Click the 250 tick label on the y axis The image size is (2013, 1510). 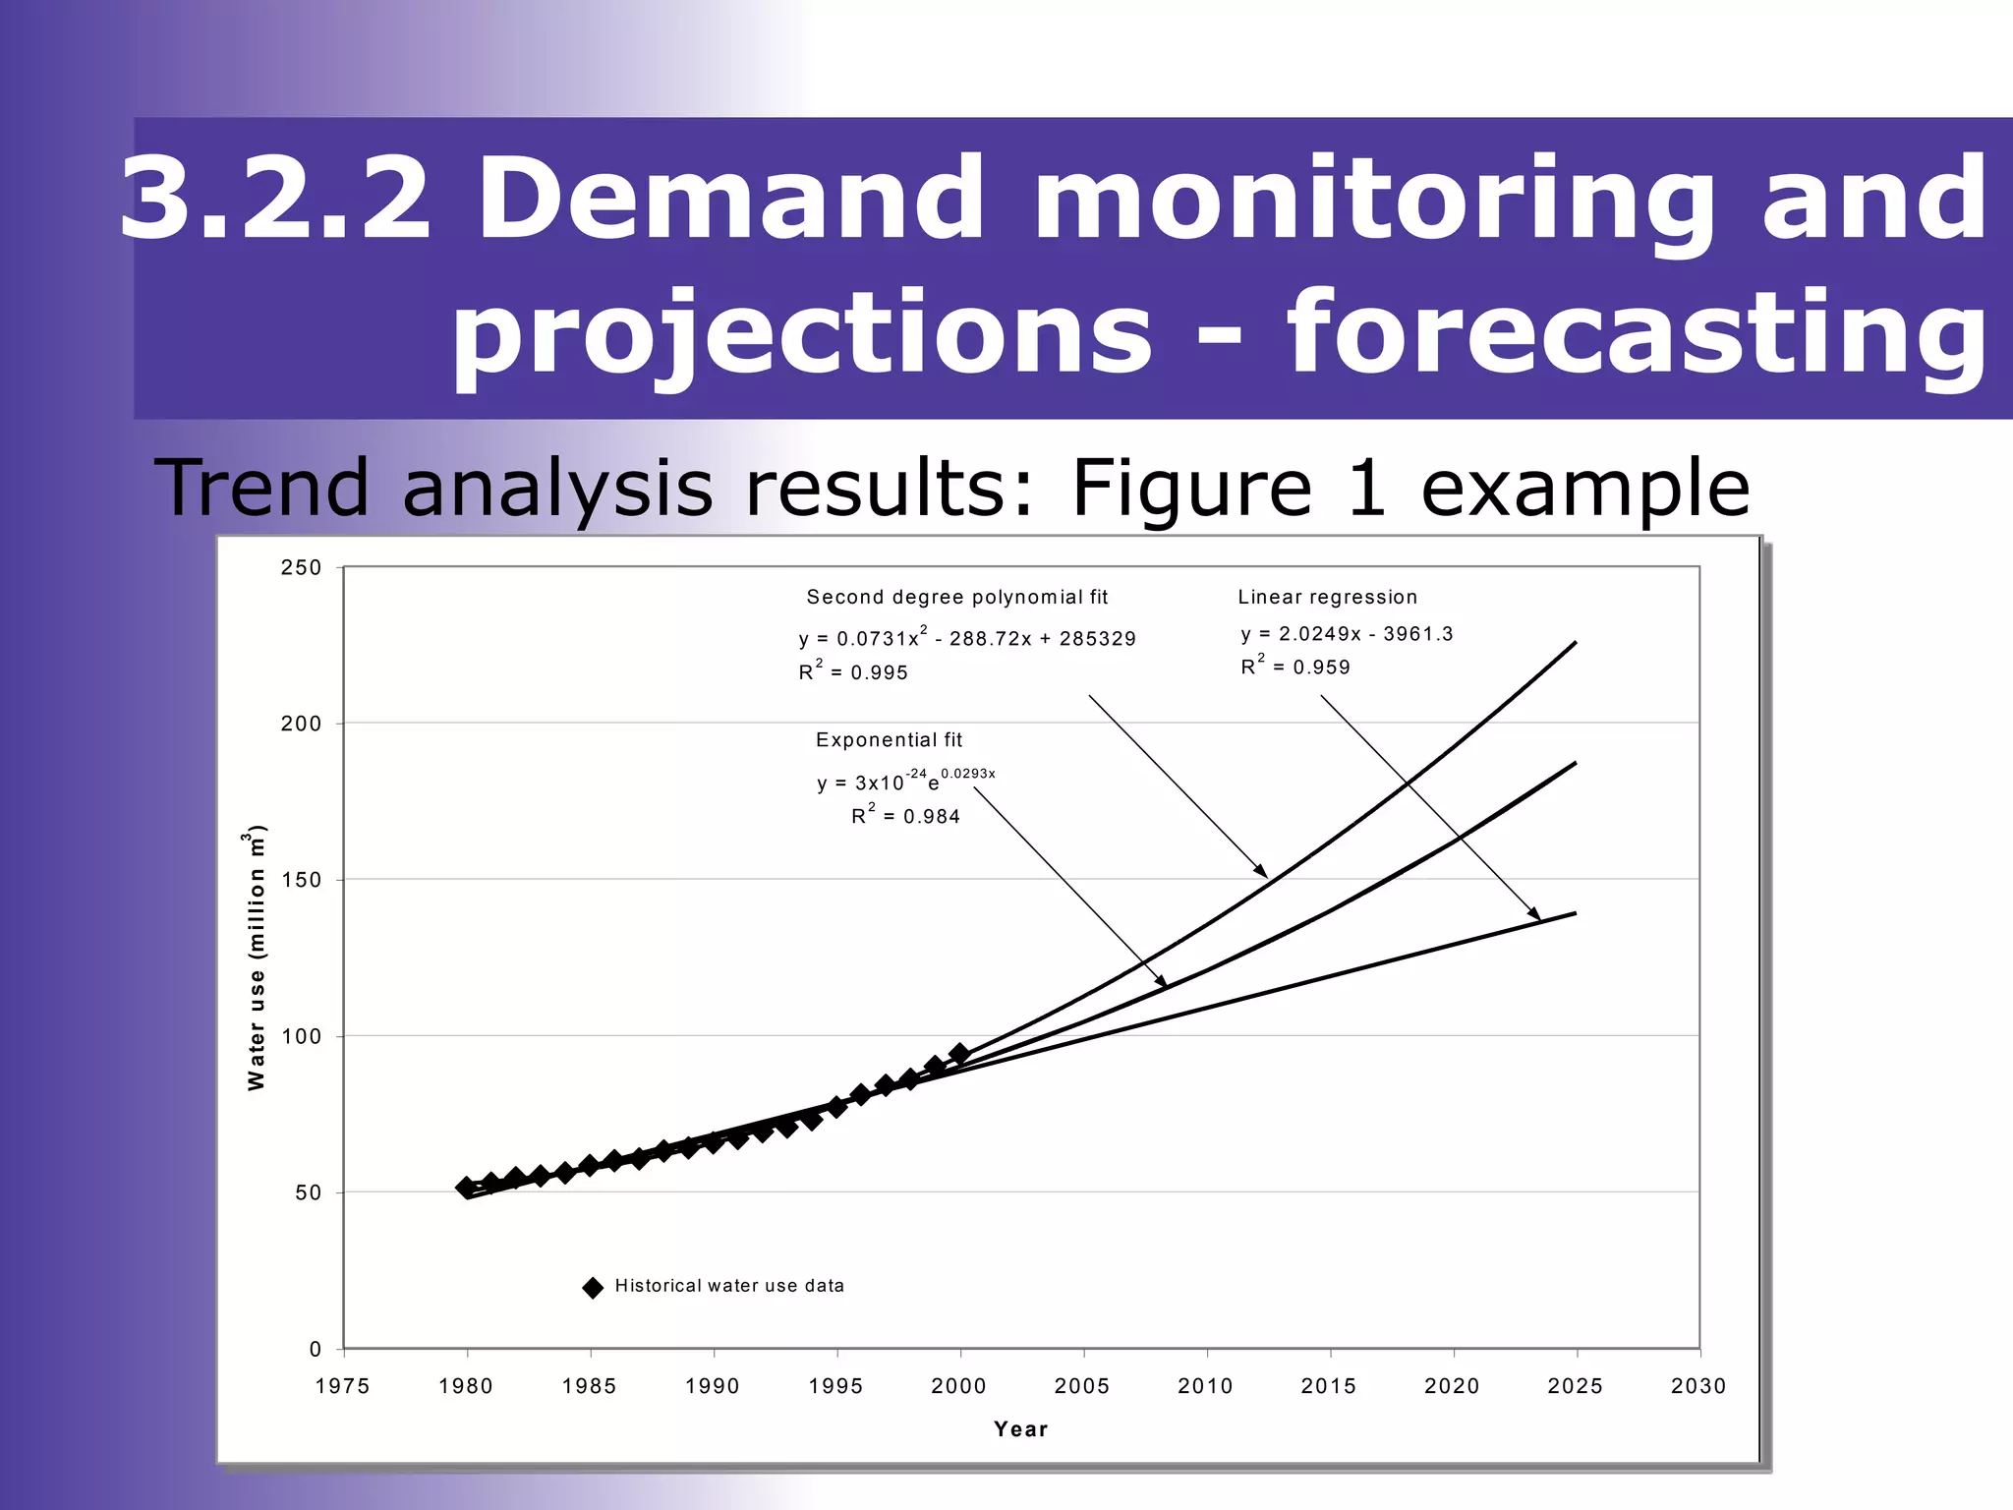[x=301, y=568]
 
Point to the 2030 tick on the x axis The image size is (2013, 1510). [x=1698, y=1386]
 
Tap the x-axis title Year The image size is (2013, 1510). [x=1020, y=1429]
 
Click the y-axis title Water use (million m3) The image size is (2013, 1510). [x=256, y=958]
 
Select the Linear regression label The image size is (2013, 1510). [x=1327, y=597]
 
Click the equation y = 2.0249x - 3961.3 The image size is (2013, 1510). [x=1346, y=634]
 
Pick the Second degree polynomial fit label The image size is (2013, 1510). [x=956, y=597]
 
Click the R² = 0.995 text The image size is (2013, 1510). [x=852, y=672]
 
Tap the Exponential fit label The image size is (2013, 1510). [x=889, y=740]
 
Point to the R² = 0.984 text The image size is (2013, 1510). [x=905, y=816]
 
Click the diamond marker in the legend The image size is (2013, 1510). [x=593, y=1288]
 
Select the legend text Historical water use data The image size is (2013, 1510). [x=729, y=1286]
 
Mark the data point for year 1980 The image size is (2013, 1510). [x=467, y=1188]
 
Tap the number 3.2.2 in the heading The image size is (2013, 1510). [x=275, y=199]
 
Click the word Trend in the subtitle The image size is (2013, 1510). [x=260, y=489]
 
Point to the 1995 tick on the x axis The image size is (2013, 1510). [x=835, y=1386]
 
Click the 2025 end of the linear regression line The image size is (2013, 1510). [x=1575, y=914]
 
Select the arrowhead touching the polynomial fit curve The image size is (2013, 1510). [x=1263, y=873]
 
